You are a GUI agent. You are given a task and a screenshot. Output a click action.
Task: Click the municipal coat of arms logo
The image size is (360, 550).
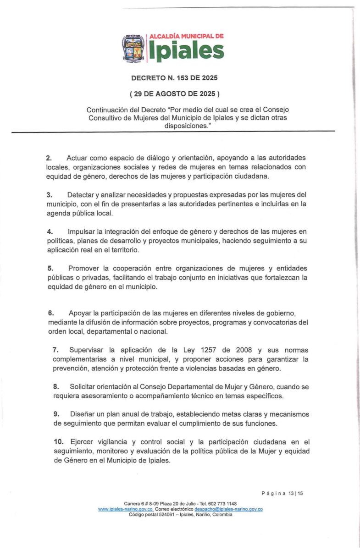click(x=133, y=48)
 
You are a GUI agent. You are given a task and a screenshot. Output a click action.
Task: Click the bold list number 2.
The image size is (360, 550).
click(x=49, y=158)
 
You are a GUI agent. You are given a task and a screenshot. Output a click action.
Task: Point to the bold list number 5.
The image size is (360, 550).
click(x=50, y=268)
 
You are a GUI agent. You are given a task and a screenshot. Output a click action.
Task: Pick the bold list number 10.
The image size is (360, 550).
click(x=58, y=442)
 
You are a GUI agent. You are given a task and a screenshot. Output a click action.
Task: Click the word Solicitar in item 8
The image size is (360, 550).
click(x=84, y=386)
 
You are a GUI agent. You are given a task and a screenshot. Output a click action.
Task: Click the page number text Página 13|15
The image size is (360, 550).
click(x=282, y=493)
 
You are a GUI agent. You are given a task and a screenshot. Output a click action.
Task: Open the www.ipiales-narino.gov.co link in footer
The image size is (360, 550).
click(x=126, y=509)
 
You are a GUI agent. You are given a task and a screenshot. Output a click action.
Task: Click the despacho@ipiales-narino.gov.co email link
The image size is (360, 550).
click(x=228, y=509)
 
